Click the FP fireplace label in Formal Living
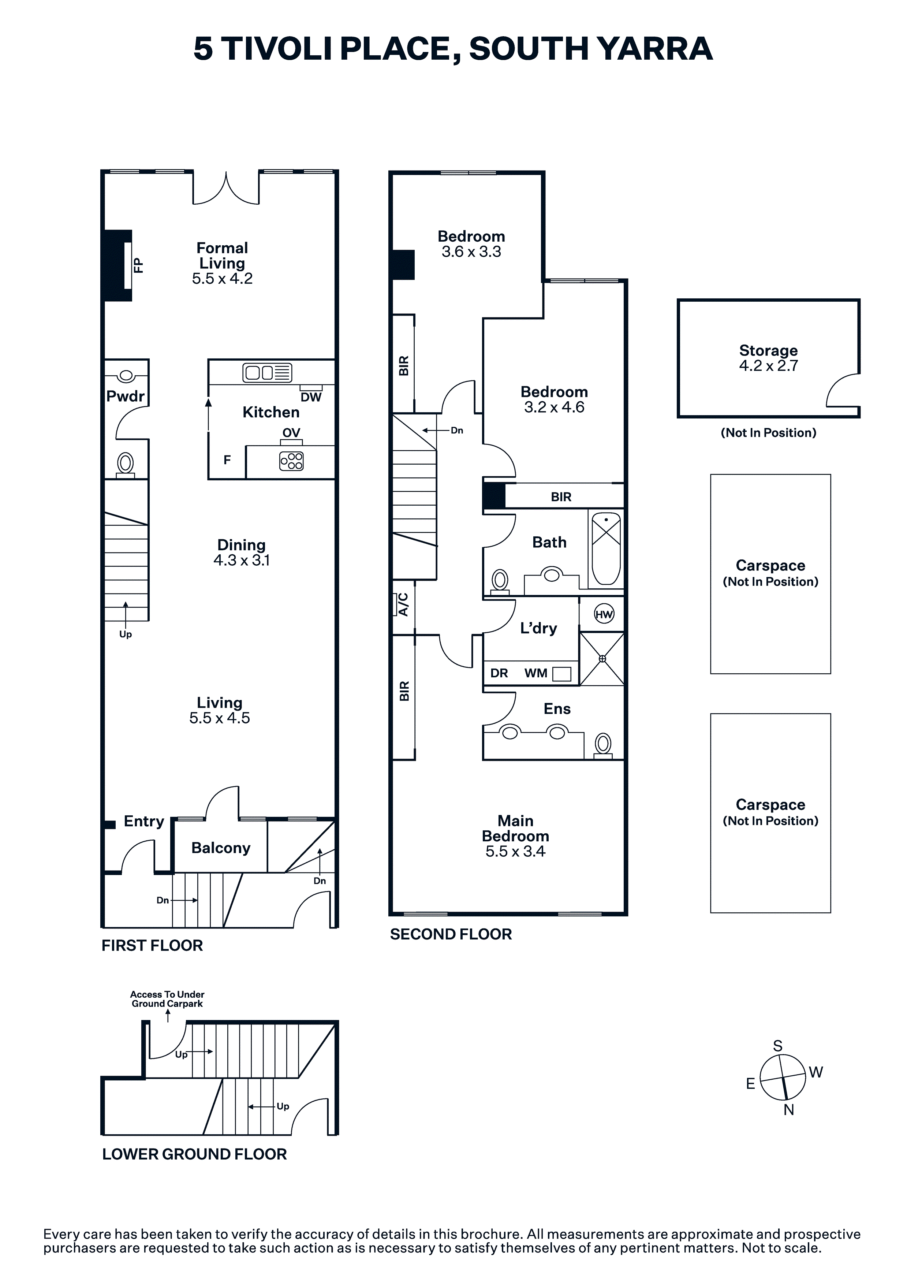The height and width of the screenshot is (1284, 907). click(138, 265)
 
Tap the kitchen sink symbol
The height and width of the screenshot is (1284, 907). click(267, 372)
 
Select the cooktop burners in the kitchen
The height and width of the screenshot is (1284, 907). click(291, 461)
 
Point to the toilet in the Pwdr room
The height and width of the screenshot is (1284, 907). click(126, 465)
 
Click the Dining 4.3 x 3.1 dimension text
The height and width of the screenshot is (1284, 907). click(242, 560)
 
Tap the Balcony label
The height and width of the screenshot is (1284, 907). click(221, 848)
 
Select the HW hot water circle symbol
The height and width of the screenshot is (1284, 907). click(604, 615)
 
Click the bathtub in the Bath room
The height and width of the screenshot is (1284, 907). click(606, 548)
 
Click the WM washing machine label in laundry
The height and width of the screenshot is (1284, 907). click(536, 673)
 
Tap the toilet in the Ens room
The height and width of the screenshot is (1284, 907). click(603, 745)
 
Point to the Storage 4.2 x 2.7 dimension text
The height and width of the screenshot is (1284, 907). click(768, 366)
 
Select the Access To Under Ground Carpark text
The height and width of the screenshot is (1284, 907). click(167, 999)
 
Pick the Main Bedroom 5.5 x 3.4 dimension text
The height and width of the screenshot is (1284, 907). click(515, 851)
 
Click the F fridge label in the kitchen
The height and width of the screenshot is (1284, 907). click(227, 460)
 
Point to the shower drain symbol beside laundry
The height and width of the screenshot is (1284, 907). click(602, 659)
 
